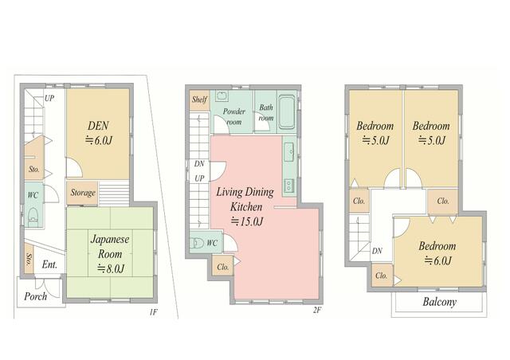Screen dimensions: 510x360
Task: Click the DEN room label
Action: tap(98, 126)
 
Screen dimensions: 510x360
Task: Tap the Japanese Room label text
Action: tap(110, 246)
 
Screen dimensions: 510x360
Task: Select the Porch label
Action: tap(35, 296)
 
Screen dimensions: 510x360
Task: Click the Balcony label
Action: tap(439, 302)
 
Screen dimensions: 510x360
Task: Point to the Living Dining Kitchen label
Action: tap(245, 199)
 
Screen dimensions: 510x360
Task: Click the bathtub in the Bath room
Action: tap(287, 112)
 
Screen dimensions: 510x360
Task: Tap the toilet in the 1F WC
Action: tap(33, 217)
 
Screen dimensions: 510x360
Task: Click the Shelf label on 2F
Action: tap(199, 100)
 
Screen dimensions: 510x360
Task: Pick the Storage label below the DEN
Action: tap(83, 193)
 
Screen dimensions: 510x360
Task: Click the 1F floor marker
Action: tap(154, 312)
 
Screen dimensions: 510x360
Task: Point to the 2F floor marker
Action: tap(317, 311)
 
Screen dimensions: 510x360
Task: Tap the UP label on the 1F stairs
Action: tap(49, 98)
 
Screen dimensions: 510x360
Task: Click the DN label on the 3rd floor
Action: tap(377, 251)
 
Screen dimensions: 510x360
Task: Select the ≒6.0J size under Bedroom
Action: tap(437, 260)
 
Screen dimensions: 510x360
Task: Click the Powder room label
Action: tap(233, 116)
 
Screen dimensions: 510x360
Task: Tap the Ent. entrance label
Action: tap(49, 264)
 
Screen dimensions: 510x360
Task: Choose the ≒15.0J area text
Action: tap(246, 221)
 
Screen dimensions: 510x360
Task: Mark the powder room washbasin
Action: tap(222, 96)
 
